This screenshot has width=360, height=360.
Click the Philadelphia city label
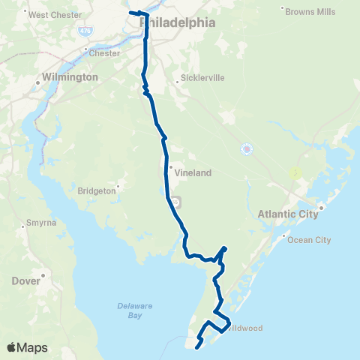point(178,23)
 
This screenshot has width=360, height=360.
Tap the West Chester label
point(54,14)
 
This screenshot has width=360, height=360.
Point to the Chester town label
point(104,53)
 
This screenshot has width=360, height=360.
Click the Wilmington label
point(71,77)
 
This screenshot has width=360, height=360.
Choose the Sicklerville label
point(199,77)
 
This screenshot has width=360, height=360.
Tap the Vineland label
point(193,172)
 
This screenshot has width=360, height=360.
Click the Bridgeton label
point(97,190)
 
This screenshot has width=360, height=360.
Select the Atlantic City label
point(288,214)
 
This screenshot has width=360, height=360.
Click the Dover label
point(25,281)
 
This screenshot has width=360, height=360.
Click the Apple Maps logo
point(27,347)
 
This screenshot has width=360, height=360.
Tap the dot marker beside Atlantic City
point(321,207)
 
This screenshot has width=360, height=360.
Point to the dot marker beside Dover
point(44,276)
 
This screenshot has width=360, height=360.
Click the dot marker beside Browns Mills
point(283,9)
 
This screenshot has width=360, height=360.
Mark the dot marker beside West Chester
point(25,11)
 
